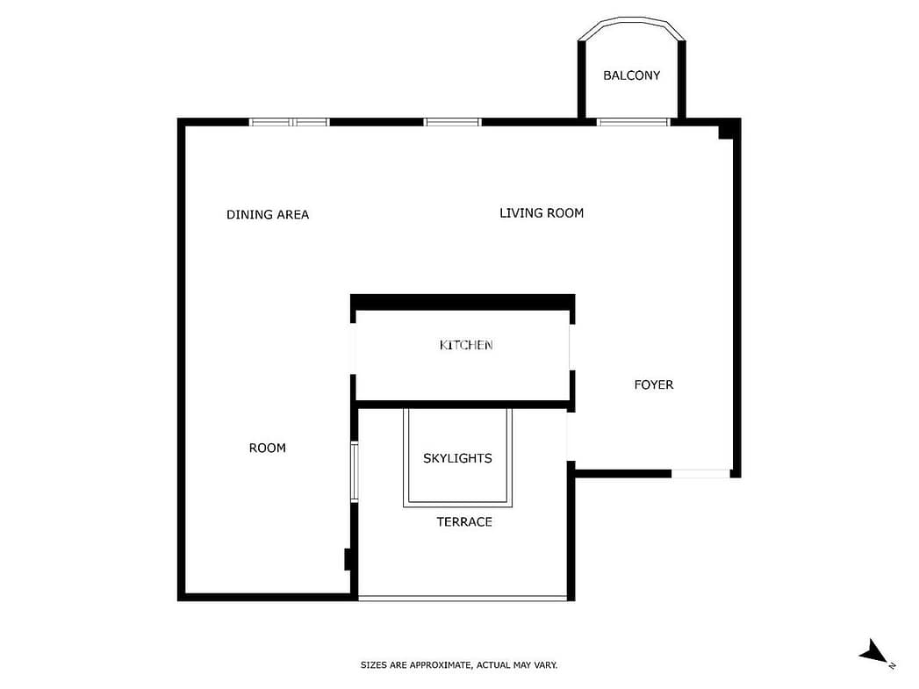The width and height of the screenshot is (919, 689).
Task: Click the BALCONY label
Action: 631,75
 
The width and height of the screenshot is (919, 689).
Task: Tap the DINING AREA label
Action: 267,214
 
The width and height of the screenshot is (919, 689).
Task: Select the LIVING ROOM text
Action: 542,212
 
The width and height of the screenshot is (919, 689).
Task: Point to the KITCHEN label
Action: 466,345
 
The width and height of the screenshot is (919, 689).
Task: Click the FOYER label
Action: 654,384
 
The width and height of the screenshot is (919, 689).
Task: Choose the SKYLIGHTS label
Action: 457,458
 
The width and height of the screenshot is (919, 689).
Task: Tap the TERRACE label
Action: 464,522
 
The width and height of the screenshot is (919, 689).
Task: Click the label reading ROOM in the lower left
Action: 267,449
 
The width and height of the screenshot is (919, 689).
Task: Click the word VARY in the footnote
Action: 545,665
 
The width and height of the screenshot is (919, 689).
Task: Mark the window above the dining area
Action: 289,123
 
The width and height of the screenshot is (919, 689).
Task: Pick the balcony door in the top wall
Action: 633,123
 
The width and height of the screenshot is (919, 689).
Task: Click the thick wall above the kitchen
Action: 463,302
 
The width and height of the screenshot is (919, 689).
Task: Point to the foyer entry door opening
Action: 701,473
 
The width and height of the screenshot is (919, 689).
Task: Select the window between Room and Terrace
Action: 354,472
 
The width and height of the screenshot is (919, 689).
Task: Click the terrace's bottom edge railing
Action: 463,599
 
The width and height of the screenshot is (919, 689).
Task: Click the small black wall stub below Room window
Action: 348,559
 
